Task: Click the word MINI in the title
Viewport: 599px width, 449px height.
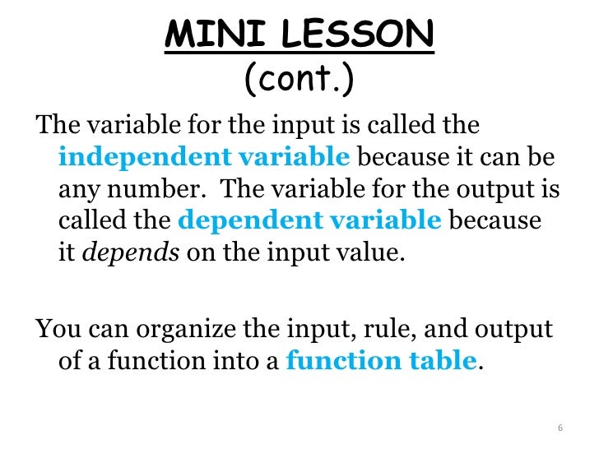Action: (202, 35)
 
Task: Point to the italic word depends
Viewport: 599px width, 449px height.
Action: (132, 252)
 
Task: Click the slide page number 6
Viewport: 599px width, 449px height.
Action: (560, 428)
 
